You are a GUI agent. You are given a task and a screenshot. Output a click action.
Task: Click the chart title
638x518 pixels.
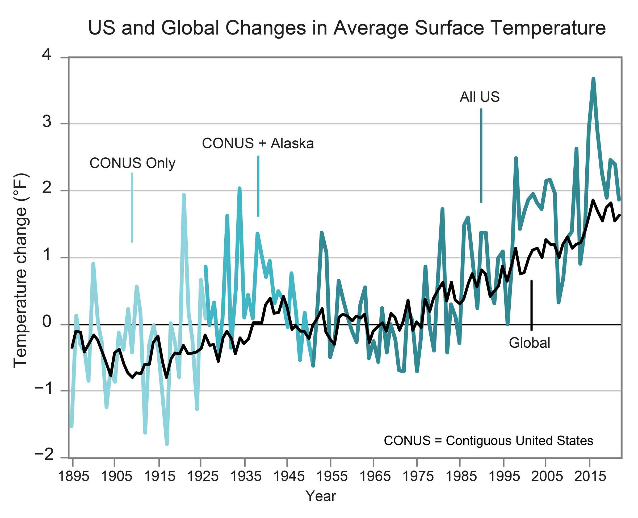click(347, 28)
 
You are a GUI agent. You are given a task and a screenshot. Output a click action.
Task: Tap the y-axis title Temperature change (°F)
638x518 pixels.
click(21, 270)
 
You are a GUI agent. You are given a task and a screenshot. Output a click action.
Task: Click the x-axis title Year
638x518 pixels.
click(321, 496)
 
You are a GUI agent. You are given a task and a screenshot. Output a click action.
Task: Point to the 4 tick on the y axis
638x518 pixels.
click(47, 55)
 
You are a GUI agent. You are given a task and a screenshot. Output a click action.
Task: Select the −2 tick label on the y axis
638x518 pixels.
click(44, 456)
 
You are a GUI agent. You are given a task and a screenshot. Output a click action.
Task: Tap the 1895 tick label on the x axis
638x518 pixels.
click(73, 476)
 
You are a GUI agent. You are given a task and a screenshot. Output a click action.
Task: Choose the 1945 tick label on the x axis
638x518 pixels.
click(289, 476)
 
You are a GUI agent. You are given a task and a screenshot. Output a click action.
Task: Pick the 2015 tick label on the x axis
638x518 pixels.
click(590, 476)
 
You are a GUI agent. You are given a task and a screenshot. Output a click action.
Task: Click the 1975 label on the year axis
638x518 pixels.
click(418, 476)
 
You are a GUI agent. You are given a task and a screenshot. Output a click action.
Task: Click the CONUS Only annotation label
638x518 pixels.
click(132, 163)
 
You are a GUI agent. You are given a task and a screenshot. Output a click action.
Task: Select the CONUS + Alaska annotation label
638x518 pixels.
click(258, 144)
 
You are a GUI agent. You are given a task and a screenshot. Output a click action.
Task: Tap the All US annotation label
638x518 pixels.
click(480, 97)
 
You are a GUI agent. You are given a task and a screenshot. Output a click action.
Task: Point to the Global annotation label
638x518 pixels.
click(529, 343)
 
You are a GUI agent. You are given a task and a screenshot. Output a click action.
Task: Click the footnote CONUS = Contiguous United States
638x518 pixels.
click(489, 440)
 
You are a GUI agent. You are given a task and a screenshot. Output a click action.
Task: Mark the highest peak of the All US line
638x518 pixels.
click(593, 79)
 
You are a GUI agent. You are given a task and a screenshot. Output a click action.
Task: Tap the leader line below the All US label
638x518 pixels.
click(481, 155)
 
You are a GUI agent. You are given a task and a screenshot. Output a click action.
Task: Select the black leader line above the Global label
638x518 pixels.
click(531, 305)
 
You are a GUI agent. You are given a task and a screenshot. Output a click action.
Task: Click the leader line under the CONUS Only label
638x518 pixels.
click(132, 207)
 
